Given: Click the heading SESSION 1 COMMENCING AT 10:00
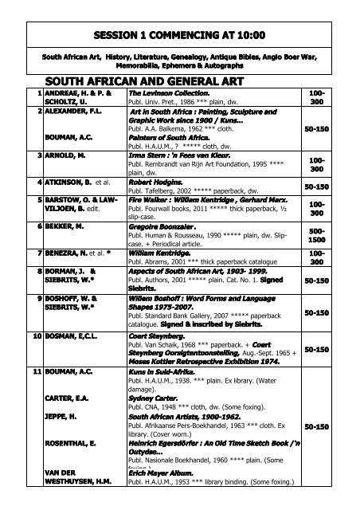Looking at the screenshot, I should coord(179,35).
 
